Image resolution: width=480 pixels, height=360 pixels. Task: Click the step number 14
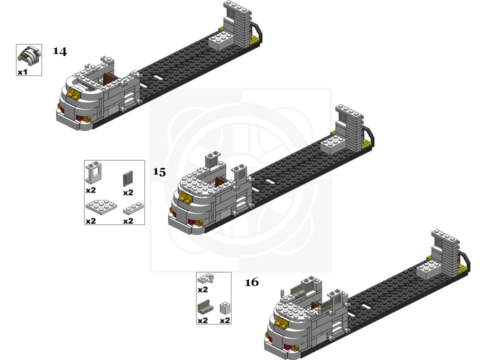[x=59, y=51]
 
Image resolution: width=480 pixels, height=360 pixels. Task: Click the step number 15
[x=159, y=171]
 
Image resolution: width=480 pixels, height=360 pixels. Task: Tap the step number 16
[x=251, y=282]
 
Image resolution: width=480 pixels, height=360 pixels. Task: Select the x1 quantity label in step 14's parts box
[x=22, y=72]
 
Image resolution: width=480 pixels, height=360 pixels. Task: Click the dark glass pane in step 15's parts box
[x=128, y=178]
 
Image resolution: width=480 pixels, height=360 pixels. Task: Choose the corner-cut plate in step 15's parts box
[x=101, y=207]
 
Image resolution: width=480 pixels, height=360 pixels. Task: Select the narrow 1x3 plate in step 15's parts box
[x=133, y=208]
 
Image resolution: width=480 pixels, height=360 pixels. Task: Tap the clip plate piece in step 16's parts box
[x=205, y=278]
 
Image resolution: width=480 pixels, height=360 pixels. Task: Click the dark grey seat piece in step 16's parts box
[x=205, y=307]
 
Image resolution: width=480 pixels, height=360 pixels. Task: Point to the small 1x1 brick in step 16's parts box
[x=224, y=308]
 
